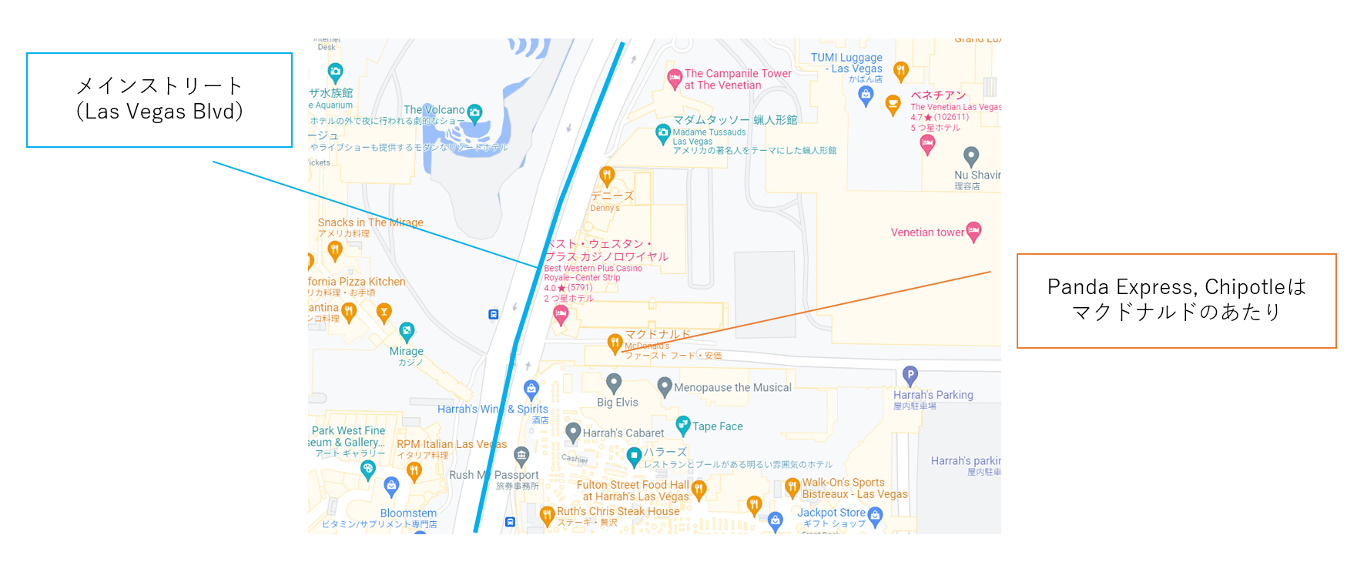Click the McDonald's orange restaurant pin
pos(615,343)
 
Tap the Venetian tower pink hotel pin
pos(973,230)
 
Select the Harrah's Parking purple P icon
pos(910,375)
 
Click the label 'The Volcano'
pos(434,110)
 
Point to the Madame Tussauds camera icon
pos(662,133)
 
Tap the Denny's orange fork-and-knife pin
pos(607,176)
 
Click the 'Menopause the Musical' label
pos(732,388)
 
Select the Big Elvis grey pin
pos(614,382)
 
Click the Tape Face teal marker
pos(682,424)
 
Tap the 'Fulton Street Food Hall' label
pos(632,485)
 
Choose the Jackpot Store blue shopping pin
pos(875,514)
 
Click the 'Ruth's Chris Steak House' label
pos(618,511)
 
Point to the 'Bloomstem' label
pos(408,513)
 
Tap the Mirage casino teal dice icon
pos(407,331)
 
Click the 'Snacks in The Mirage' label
pos(370,222)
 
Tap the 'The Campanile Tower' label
pos(738,74)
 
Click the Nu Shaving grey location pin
pos(971,156)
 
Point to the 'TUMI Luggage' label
pos(846,58)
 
